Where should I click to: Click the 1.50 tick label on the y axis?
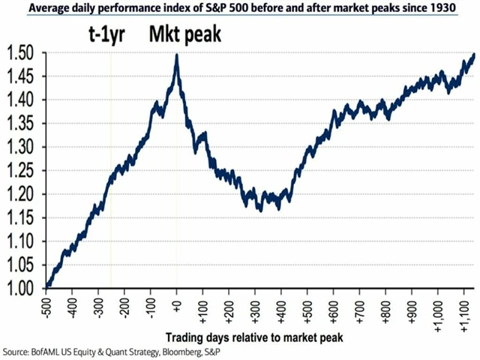(21, 54)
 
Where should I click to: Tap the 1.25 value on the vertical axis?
(21, 172)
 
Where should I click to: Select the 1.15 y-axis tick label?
(21, 218)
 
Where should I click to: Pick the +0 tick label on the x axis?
(177, 304)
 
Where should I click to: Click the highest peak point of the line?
(176, 55)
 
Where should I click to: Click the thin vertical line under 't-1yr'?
(111, 187)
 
